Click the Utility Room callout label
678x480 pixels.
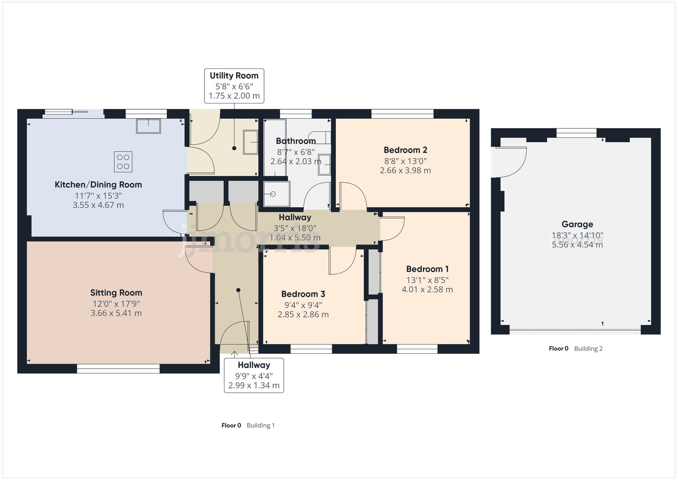[x=234, y=85]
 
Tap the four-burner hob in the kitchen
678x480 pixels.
[x=123, y=162]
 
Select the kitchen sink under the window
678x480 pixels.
[x=148, y=126]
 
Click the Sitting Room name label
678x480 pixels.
[x=116, y=293]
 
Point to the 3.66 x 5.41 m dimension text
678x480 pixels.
[x=116, y=313]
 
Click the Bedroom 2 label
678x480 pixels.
[x=405, y=150]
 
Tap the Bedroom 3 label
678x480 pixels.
[x=303, y=294]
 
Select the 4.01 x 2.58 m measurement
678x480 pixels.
[x=427, y=289]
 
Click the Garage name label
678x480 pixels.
[x=577, y=224]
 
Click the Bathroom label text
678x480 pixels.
[x=296, y=141]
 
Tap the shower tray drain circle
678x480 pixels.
[x=273, y=194]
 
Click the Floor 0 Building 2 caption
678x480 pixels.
[x=576, y=349]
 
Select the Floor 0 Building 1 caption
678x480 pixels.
[x=248, y=425]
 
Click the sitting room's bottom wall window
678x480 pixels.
[x=118, y=369]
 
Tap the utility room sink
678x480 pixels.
[x=251, y=142]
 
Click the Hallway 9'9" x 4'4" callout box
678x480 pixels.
[x=254, y=375]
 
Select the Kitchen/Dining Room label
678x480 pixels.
[x=98, y=185]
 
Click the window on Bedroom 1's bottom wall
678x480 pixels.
[x=417, y=349]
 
